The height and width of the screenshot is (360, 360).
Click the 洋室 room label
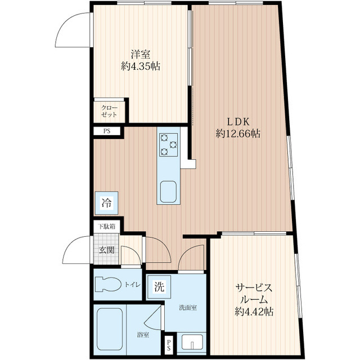click(x=141, y=55)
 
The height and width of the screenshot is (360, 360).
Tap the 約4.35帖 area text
click(x=141, y=66)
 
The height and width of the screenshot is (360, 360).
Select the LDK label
click(x=238, y=122)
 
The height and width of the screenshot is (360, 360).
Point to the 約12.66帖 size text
click(x=238, y=133)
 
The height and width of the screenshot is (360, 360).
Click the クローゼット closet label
click(x=109, y=111)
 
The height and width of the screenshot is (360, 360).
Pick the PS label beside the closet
click(x=107, y=131)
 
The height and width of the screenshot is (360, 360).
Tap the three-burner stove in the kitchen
click(x=168, y=145)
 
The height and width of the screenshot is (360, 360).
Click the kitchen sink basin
click(x=168, y=191)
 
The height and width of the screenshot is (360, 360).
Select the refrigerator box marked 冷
click(x=106, y=203)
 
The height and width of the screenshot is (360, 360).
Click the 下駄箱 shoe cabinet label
click(x=106, y=227)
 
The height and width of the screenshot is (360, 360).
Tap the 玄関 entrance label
click(x=106, y=250)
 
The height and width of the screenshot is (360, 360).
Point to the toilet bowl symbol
click(x=108, y=285)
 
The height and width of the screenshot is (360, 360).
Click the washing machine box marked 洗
click(x=159, y=287)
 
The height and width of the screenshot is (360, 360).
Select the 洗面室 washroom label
click(x=188, y=308)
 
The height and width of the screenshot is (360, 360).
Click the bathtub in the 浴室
click(x=110, y=329)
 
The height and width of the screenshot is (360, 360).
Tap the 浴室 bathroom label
click(x=143, y=335)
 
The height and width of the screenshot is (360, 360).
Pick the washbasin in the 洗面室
click(x=192, y=342)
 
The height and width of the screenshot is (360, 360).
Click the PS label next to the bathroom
click(x=169, y=345)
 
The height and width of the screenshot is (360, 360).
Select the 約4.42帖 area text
click(x=254, y=312)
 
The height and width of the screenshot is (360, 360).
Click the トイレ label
click(x=133, y=285)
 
